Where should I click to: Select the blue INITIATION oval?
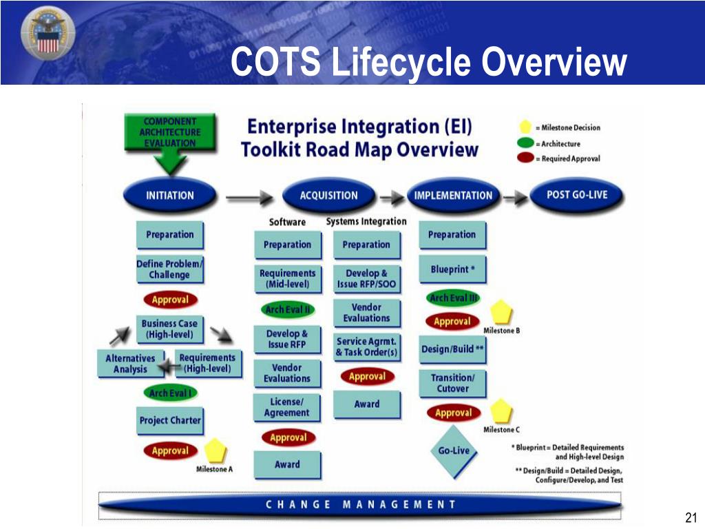pyautogui.click(x=169, y=195)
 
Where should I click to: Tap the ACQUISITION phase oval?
pyautogui.click(x=328, y=195)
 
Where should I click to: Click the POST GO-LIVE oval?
pyautogui.click(x=576, y=194)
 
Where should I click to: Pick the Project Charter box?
pyautogui.click(x=170, y=420)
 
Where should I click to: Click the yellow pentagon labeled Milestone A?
pyautogui.click(x=215, y=450)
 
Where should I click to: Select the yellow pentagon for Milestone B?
pyautogui.click(x=501, y=312)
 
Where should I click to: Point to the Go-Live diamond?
pyautogui.click(x=454, y=451)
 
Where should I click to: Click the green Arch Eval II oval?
pyautogui.click(x=287, y=309)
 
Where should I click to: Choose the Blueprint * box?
pyautogui.click(x=452, y=269)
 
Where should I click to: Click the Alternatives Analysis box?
pyautogui.click(x=130, y=363)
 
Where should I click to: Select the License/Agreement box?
pyautogui.click(x=286, y=407)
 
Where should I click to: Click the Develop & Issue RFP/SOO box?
pyautogui.click(x=366, y=278)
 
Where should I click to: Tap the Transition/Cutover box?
pyautogui.click(x=452, y=383)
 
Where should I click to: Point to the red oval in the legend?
pyautogui.click(x=527, y=158)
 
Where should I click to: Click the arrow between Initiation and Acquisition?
pyautogui.click(x=249, y=197)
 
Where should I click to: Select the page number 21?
pyautogui.click(x=691, y=518)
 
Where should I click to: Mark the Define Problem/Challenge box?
pyautogui.click(x=169, y=269)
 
